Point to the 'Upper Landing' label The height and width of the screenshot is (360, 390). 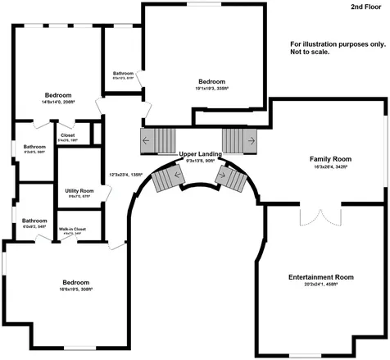(199, 153)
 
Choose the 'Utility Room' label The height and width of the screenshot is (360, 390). (79, 190)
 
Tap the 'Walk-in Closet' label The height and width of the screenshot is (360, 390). (73, 229)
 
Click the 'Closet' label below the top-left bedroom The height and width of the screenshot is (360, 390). (67, 136)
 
